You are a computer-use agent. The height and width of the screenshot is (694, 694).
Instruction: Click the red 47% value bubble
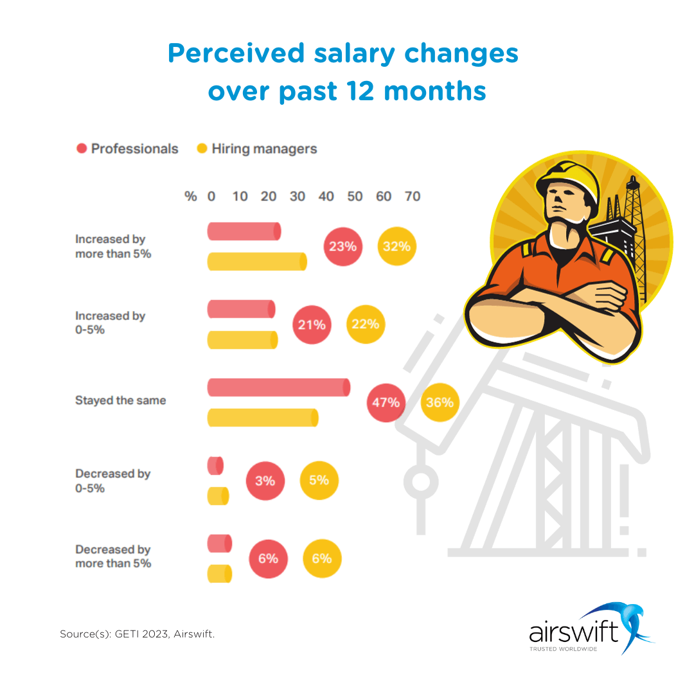(386, 403)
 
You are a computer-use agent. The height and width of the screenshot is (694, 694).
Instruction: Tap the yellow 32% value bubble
(397, 246)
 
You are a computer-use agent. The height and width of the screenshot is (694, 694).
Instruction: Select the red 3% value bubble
(265, 481)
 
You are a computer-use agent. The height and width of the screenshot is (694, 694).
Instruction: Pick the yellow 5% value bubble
(319, 480)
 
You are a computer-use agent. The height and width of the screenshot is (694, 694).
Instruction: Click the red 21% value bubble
(312, 325)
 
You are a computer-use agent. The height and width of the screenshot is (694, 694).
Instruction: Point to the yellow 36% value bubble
(440, 403)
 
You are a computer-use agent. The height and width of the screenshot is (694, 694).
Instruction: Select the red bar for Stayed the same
(278, 387)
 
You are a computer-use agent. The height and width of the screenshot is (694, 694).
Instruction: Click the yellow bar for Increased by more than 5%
(256, 262)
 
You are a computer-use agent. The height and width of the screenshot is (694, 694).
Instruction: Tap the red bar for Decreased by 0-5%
(215, 466)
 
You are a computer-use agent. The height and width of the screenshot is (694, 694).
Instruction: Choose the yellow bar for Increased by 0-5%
(242, 340)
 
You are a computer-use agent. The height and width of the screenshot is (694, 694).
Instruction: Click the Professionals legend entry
(127, 148)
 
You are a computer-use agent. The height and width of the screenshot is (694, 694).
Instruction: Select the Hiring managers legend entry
(257, 148)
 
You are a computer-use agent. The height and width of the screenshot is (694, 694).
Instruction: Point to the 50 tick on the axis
(355, 196)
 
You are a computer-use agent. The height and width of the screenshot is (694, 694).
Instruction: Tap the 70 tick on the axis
(413, 196)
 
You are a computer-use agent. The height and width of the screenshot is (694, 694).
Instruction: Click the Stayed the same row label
(121, 400)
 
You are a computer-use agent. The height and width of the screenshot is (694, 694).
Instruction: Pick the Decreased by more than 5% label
(113, 556)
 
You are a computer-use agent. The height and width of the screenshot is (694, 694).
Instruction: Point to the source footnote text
(138, 634)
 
